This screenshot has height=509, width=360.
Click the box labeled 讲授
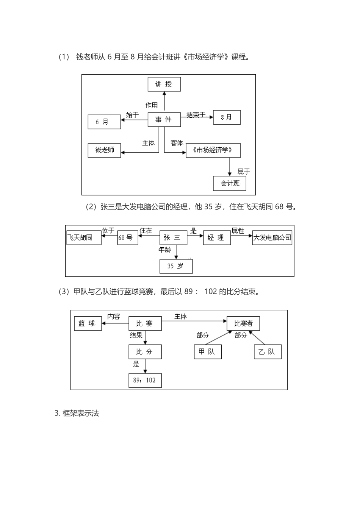pyautogui.click(x=164, y=84)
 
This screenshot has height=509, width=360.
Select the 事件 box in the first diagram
pyautogui.click(x=164, y=120)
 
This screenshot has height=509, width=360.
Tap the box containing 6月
pyautogui.click(x=104, y=122)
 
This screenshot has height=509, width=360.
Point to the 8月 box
pyautogui.click(x=227, y=117)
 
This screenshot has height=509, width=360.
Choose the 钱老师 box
pyautogui.click(x=104, y=150)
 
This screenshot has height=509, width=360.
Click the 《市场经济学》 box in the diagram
pyautogui.click(x=213, y=150)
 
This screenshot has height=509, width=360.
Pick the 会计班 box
pyautogui.click(x=230, y=183)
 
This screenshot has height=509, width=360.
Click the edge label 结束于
pyautogui.click(x=196, y=115)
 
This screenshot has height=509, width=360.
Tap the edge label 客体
pyautogui.click(x=177, y=143)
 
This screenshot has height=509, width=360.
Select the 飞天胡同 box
pyautogui.click(x=84, y=237)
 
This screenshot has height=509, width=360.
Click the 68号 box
pyautogui.click(x=127, y=238)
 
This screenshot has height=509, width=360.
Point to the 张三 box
pyautogui.click(x=173, y=238)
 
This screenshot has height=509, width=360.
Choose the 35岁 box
pyautogui.click(x=176, y=266)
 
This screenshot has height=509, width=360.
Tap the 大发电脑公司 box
pyautogui.click(x=272, y=238)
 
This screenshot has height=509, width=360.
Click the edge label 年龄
pyautogui.click(x=165, y=250)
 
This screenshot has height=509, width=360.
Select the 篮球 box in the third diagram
pyautogui.click(x=88, y=323)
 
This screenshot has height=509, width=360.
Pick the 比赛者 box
pyautogui.click(x=243, y=323)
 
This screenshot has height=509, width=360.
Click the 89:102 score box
pyautogui.click(x=145, y=380)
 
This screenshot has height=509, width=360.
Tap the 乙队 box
pyautogui.click(x=268, y=352)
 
